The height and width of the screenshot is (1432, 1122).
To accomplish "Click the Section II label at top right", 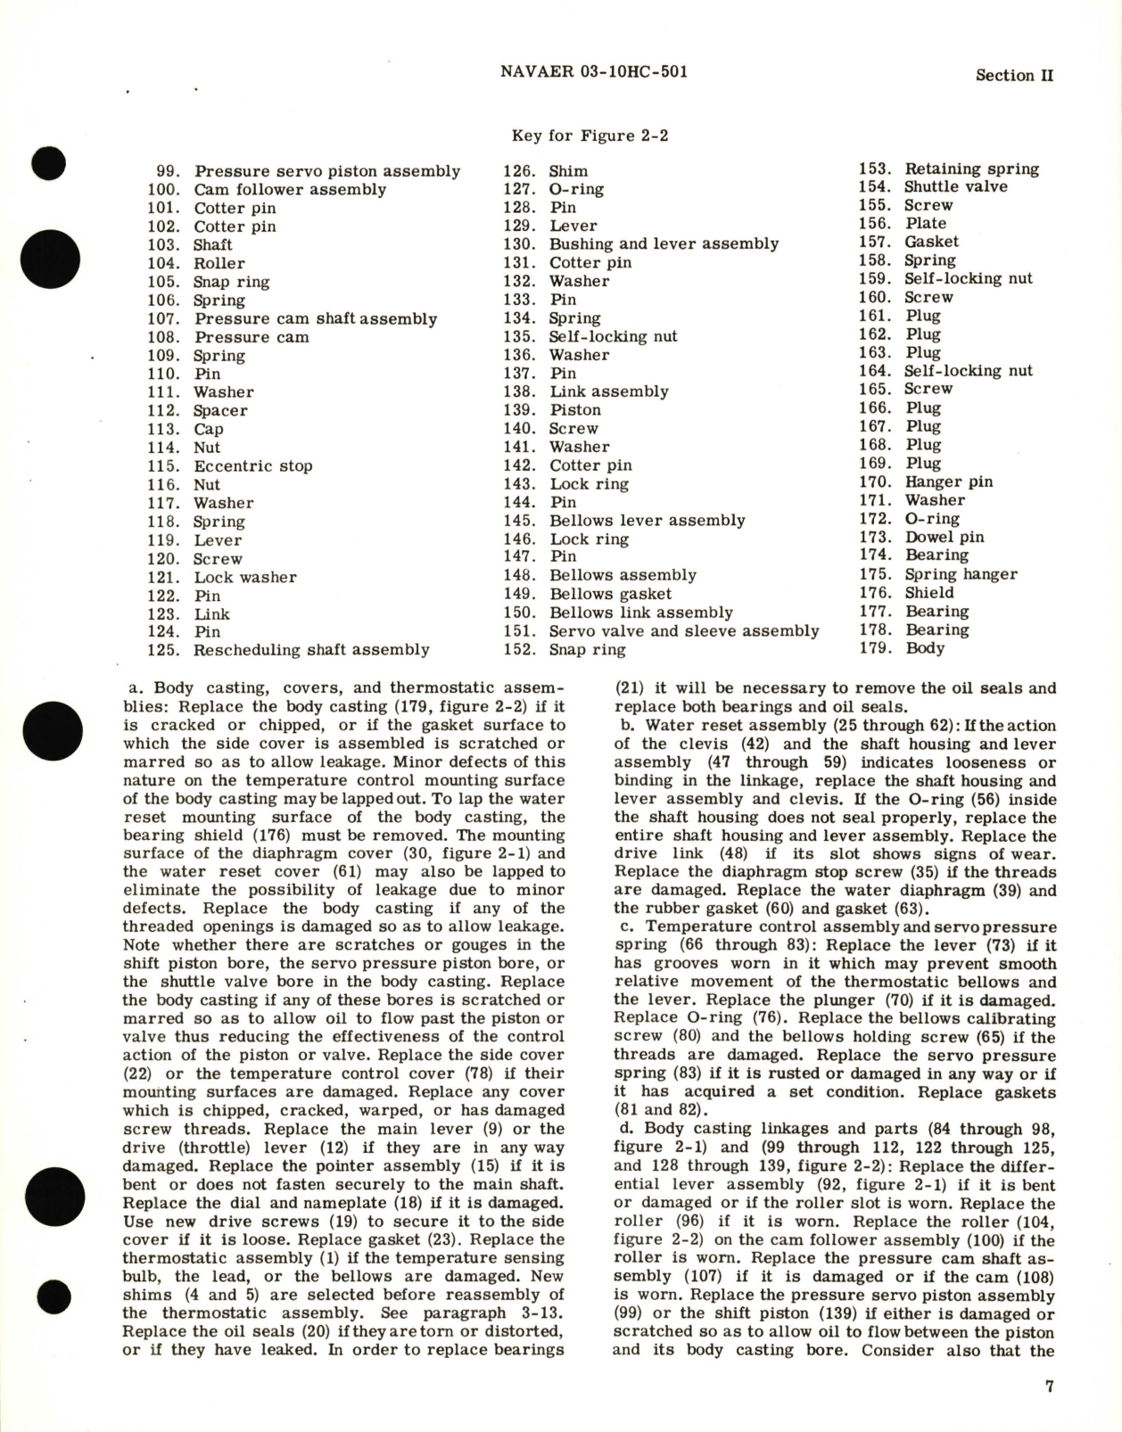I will coord(1014,76).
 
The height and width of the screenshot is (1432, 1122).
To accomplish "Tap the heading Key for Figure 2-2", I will coord(590,136).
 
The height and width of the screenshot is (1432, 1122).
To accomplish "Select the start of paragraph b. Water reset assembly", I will coord(625,726).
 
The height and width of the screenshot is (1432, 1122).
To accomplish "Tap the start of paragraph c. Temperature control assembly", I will coord(625,927).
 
